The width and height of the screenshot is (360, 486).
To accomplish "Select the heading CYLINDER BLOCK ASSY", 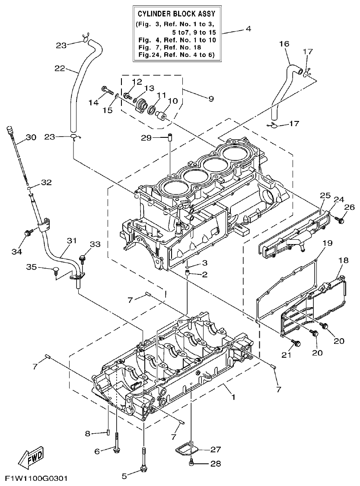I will point(177,14).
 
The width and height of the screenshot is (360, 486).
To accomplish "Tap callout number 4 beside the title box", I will point(248,29).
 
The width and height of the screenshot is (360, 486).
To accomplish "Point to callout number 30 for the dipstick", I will point(31,138).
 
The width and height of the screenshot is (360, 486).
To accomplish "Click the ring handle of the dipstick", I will point(9,130).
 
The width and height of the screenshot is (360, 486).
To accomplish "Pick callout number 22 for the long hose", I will point(60,68).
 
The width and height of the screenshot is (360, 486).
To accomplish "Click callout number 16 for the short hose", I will point(284,44).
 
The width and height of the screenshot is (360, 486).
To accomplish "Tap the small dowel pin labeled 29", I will point(170,138).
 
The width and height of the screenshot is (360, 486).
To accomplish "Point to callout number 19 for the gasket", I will point(327,243).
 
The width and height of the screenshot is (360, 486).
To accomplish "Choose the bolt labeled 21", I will point(296,343).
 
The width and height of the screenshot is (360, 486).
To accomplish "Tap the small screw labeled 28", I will point(191,464).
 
